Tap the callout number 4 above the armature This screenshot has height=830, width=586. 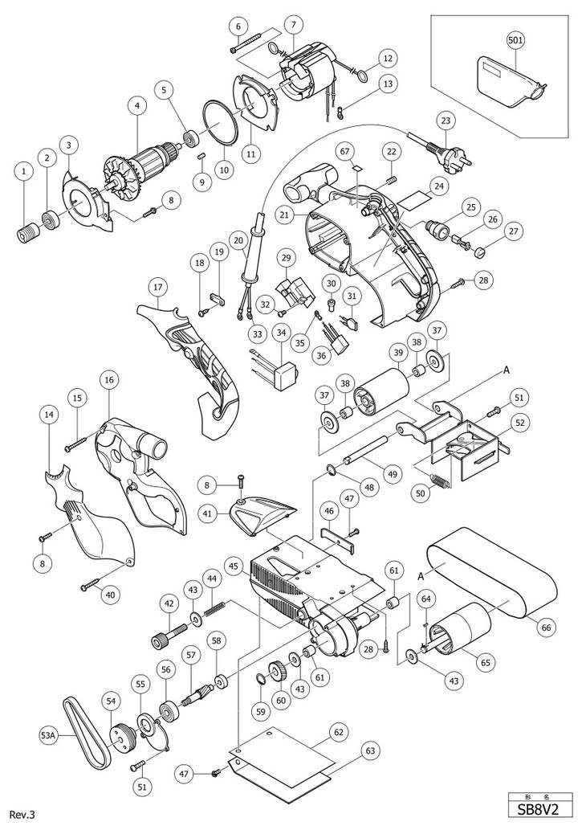point(138,104)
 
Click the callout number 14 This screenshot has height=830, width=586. point(50,414)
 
